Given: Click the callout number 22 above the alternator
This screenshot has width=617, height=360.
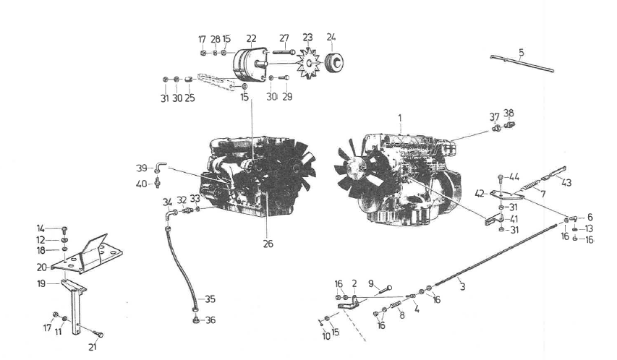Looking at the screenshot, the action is click(x=251, y=38).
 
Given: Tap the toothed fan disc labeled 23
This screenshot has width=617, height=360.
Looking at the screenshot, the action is click(x=308, y=64).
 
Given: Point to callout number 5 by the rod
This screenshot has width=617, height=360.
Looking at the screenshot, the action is click(x=522, y=52).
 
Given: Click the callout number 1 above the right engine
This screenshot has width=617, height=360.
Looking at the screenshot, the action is click(x=400, y=118).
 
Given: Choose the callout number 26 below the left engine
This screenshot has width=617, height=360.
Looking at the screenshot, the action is click(x=268, y=244).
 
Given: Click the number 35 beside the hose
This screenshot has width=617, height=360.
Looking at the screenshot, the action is click(x=210, y=299).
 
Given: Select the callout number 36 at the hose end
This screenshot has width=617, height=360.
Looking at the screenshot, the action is click(x=210, y=320).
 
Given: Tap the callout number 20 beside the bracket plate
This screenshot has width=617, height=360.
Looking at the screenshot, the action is click(x=42, y=267).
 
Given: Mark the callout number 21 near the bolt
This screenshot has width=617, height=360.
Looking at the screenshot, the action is click(x=92, y=347).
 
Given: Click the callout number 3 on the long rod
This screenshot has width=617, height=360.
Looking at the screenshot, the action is click(x=462, y=286).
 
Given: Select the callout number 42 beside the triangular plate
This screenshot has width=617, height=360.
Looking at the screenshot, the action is click(x=480, y=193).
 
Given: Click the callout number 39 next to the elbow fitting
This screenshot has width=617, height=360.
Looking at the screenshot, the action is click(x=141, y=168).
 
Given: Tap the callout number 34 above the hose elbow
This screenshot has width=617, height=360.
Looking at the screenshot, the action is click(x=168, y=202).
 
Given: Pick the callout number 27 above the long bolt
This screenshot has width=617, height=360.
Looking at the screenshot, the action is click(x=284, y=38).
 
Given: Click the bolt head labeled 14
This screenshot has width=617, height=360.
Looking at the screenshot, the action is click(x=65, y=228).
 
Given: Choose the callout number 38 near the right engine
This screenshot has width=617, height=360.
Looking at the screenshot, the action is click(x=509, y=113).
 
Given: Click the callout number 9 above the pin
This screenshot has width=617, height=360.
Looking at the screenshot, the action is click(x=370, y=283).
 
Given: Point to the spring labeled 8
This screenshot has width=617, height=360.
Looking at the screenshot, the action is click(x=395, y=305).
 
